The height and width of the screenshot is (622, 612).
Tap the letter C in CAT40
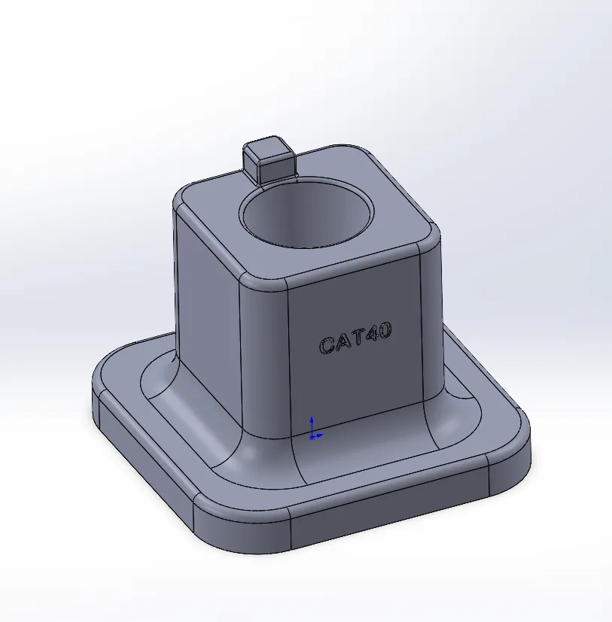click(x=327, y=346)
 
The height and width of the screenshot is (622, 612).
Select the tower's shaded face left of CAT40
click(x=207, y=316)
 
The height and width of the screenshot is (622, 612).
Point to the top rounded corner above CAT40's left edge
click(x=263, y=283)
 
